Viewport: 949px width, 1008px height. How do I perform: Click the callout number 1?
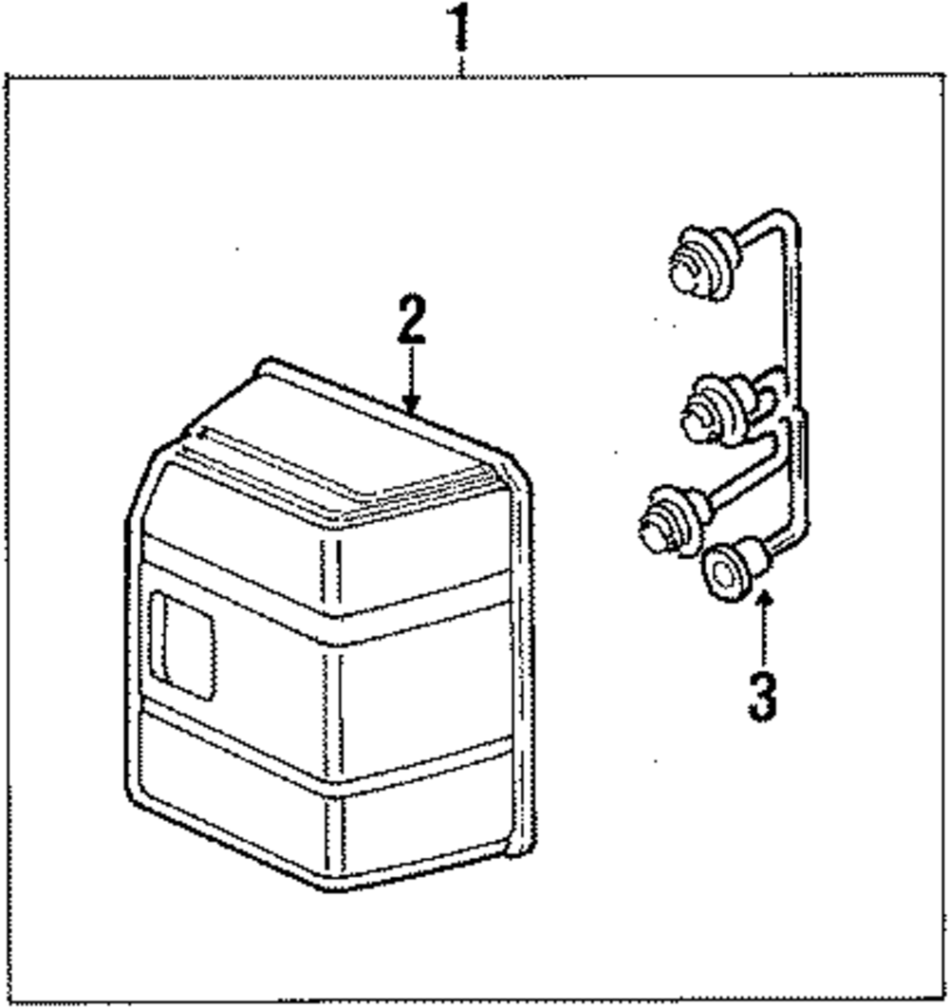click(x=460, y=28)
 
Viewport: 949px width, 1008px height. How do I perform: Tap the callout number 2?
click(x=412, y=321)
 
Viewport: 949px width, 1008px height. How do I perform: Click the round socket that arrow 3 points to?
click(x=729, y=573)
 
